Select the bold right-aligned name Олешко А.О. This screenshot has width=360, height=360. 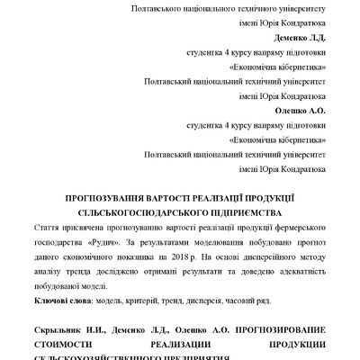click(300, 112)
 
